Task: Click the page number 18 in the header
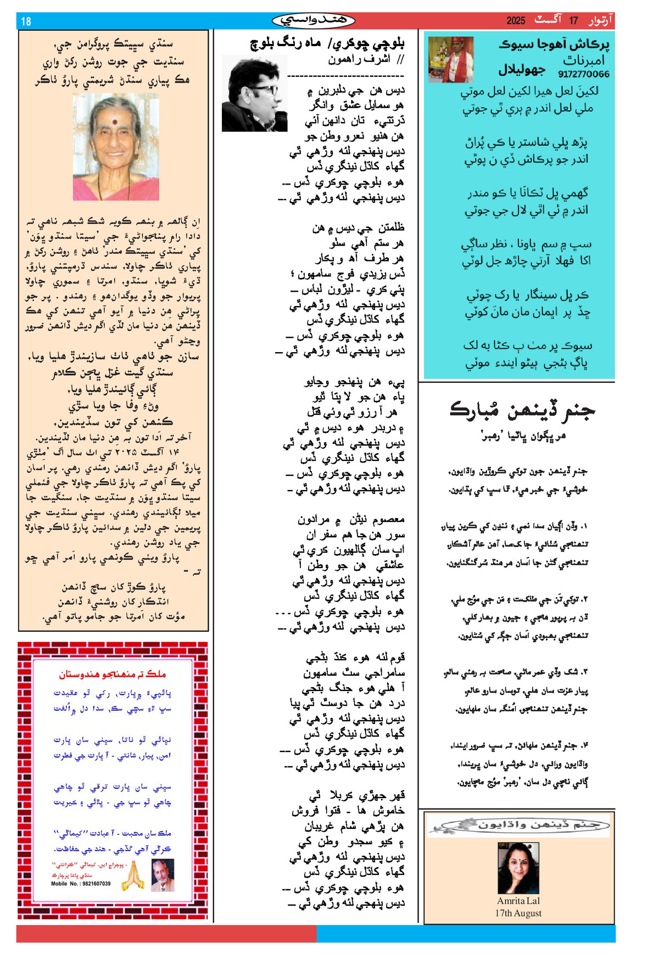[x=26, y=21]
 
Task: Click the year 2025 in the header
[x=516, y=21]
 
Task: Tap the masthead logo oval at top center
[x=314, y=21]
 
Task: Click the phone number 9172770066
[x=583, y=74]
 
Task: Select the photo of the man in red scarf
[x=450, y=59]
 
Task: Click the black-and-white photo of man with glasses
[x=254, y=94]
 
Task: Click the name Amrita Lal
[x=518, y=901]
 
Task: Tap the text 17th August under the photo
[x=518, y=913]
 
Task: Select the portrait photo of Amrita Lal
[x=518, y=868]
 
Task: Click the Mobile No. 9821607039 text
[x=81, y=884]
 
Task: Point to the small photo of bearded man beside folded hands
[x=162, y=875]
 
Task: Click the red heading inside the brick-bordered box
[x=113, y=674]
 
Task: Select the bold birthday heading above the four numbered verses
[x=522, y=410]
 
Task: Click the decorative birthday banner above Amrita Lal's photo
[x=518, y=825]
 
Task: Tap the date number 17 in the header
[x=573, y=21]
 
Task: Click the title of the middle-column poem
[x=327, y=43]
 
